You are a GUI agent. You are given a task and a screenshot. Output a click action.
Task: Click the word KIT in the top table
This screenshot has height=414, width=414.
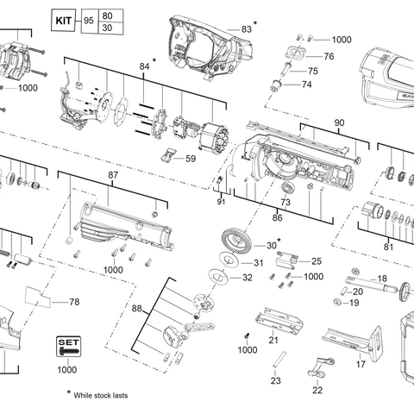(x=63, y=18)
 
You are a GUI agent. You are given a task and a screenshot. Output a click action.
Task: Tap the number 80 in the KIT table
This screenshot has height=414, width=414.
(x=107, y=14)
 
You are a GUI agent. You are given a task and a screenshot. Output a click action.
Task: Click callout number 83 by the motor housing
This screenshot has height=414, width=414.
(x=246, y=29)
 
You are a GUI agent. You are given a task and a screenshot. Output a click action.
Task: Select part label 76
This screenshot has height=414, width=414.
(x=329, y=56)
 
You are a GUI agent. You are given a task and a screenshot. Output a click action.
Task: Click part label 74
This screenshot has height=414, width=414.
(x=306, y=85)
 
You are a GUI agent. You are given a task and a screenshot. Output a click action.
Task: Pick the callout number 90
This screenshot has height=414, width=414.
(x=338, y=123)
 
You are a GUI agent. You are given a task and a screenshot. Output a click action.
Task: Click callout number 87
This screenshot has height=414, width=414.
(x=112, y=175)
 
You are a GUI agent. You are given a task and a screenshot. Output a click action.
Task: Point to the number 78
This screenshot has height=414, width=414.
(x=73, y=302)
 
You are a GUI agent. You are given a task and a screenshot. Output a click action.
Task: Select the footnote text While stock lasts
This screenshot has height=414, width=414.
(x=101, y=395)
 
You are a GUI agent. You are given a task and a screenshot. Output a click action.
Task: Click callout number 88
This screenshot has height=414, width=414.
(x=137, y=308)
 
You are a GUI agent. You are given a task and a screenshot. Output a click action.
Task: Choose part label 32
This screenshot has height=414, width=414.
(x=247, y=278)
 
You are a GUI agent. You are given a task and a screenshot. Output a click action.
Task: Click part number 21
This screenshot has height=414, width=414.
(x=273, y=341)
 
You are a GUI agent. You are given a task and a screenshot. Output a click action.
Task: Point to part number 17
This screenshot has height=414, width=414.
(x=361, y=365)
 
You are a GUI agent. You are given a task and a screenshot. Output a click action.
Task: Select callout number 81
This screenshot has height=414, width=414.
(x=388, y=247)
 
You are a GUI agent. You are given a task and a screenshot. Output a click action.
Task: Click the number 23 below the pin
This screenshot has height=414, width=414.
(x=275, y=380)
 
